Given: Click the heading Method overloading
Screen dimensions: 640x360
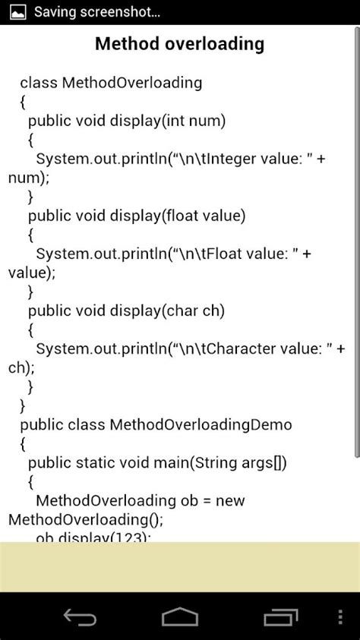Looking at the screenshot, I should [179, 44].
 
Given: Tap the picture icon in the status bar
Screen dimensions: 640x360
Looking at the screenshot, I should [16, 12].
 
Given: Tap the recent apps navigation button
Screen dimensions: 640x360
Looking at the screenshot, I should [282, 616].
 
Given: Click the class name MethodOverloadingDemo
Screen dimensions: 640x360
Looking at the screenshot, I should [201, 424].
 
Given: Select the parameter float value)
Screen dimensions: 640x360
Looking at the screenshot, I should [204, 216].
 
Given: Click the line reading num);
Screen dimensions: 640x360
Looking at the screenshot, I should [28, 178].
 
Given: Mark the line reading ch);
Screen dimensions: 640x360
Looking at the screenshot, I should [21, 367].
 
